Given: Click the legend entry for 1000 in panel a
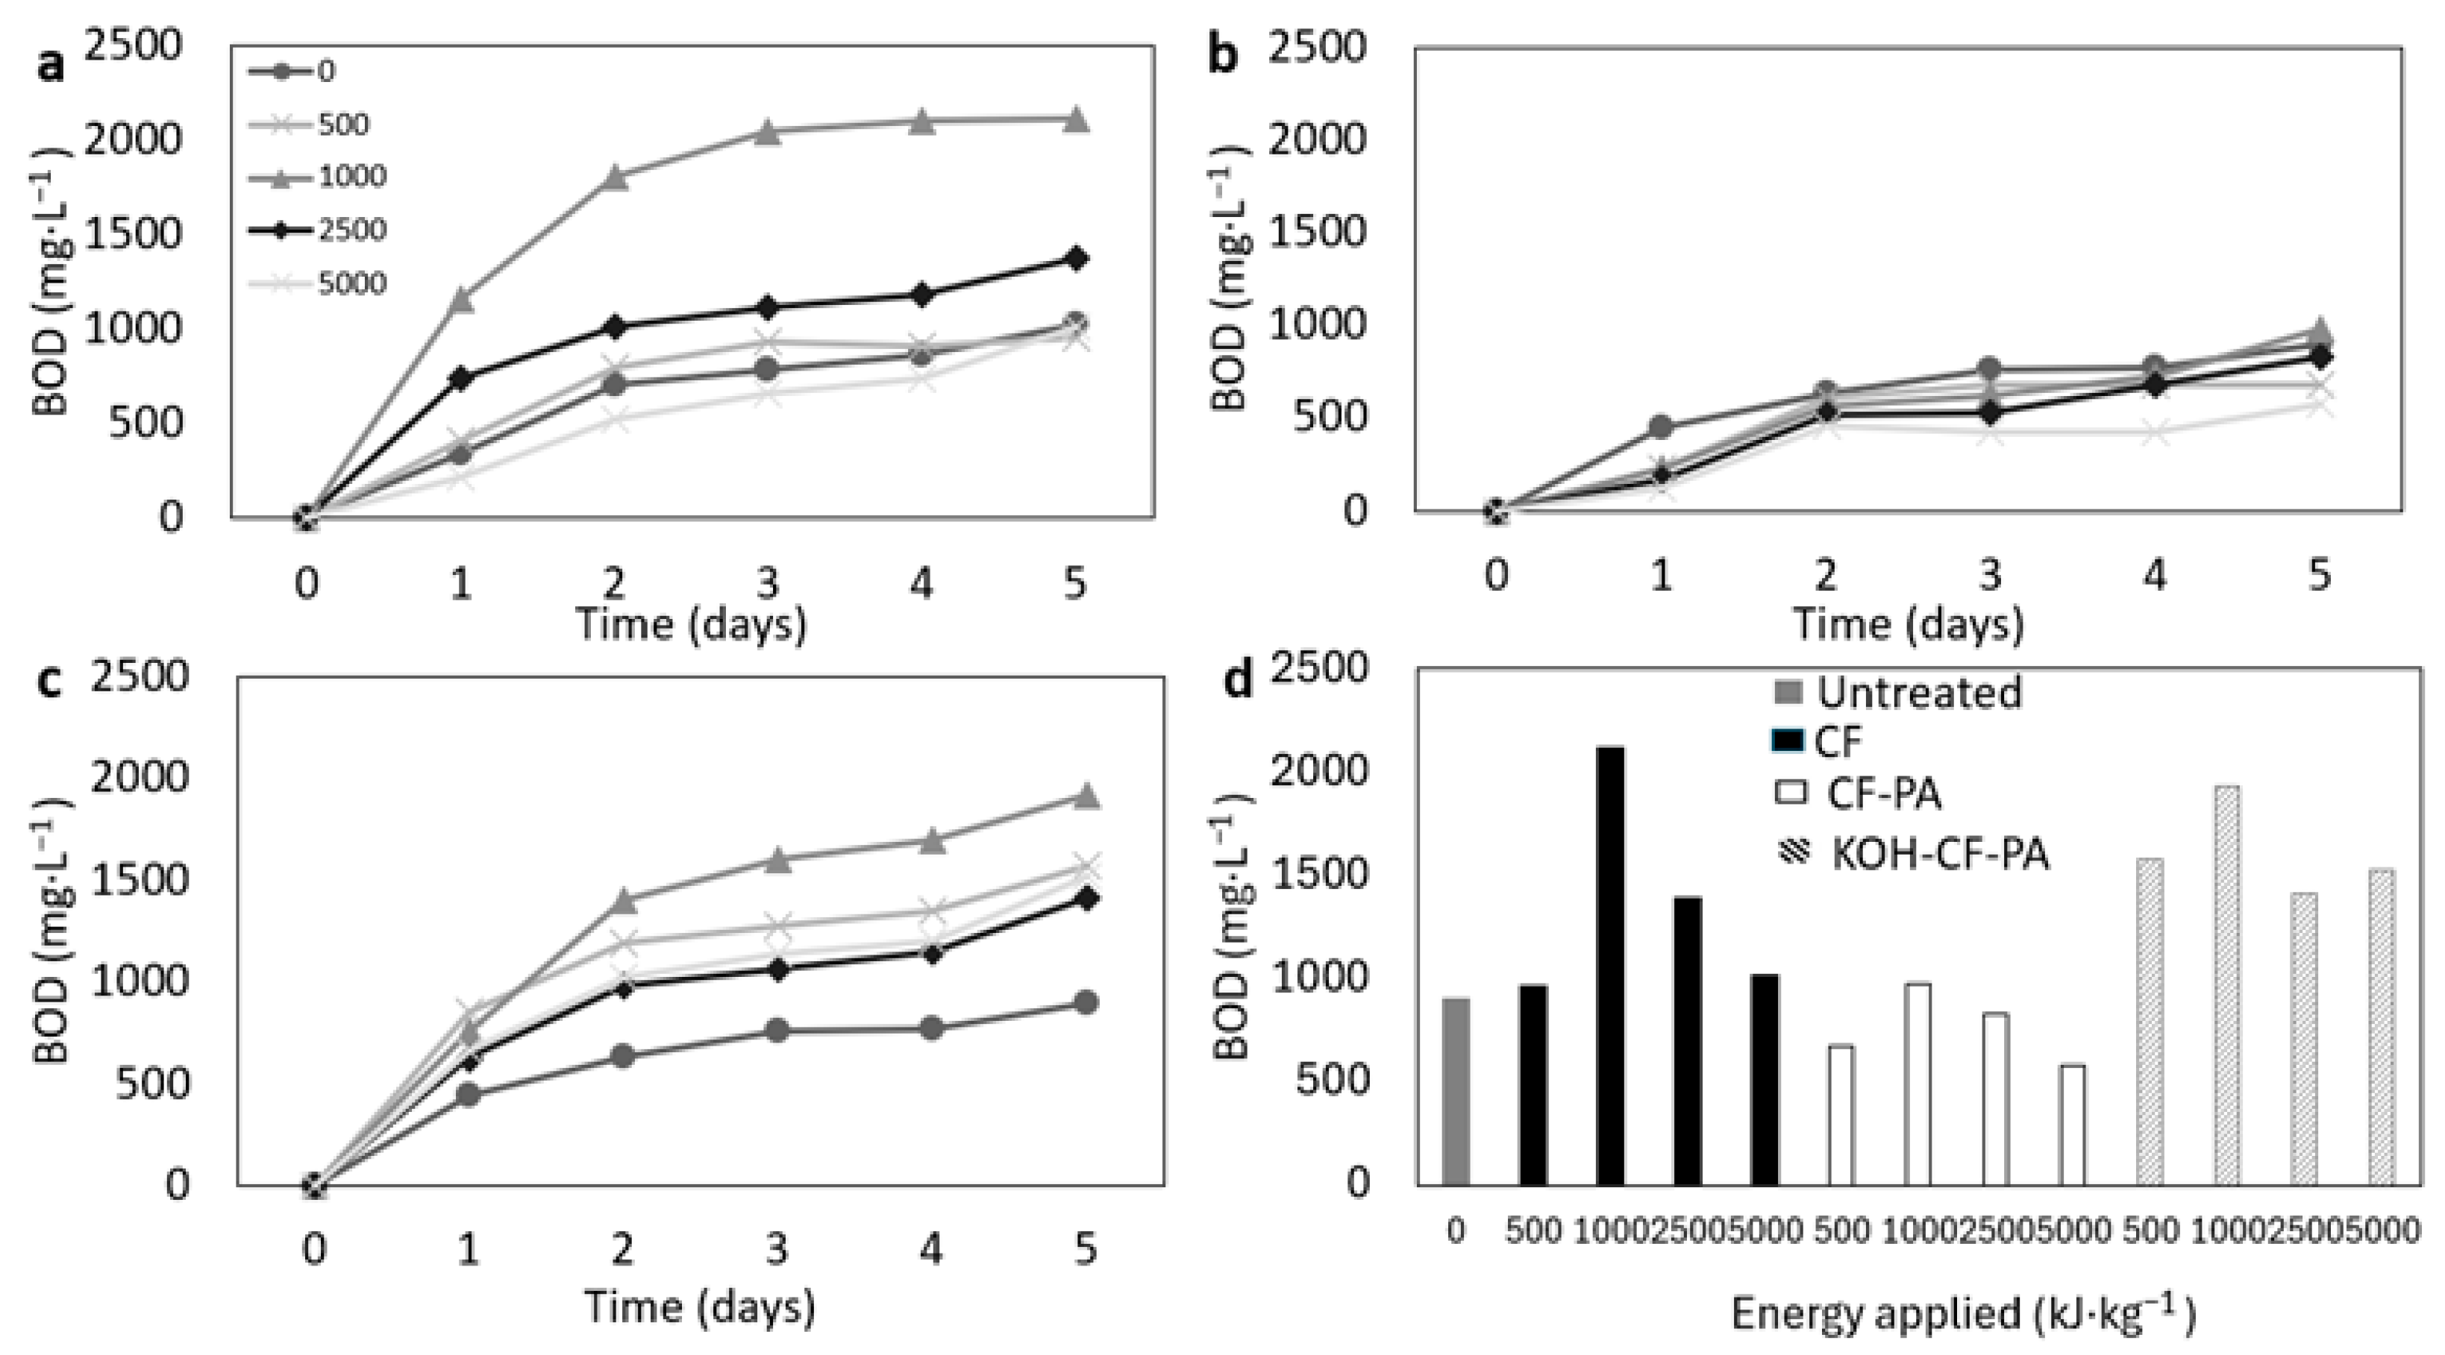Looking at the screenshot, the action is tap(317, 177).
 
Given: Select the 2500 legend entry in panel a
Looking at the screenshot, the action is tap(317, 230).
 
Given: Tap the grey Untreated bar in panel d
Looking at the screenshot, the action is tap(1456, 1091).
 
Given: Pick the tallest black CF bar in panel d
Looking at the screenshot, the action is tap(1611, 966).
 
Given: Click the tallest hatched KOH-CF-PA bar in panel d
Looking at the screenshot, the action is tap(2226, 985).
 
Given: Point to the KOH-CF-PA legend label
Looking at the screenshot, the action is tap(1940, 854).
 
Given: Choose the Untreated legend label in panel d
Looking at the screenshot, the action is tap(1919, 692).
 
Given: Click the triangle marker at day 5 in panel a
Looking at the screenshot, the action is tap(1074, 119).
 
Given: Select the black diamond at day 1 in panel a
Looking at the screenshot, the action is tap(460, 377).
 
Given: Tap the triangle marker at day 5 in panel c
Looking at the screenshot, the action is tap(1086, 795).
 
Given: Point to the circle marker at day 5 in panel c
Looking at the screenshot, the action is tap(1086, 1002).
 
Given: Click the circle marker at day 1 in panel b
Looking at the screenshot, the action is tap(1660, 427).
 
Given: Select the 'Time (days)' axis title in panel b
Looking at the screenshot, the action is tap(1908, 624).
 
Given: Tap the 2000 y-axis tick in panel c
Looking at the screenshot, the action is tap(140, 777).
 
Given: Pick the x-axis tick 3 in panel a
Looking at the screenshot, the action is tap(767, 582).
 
